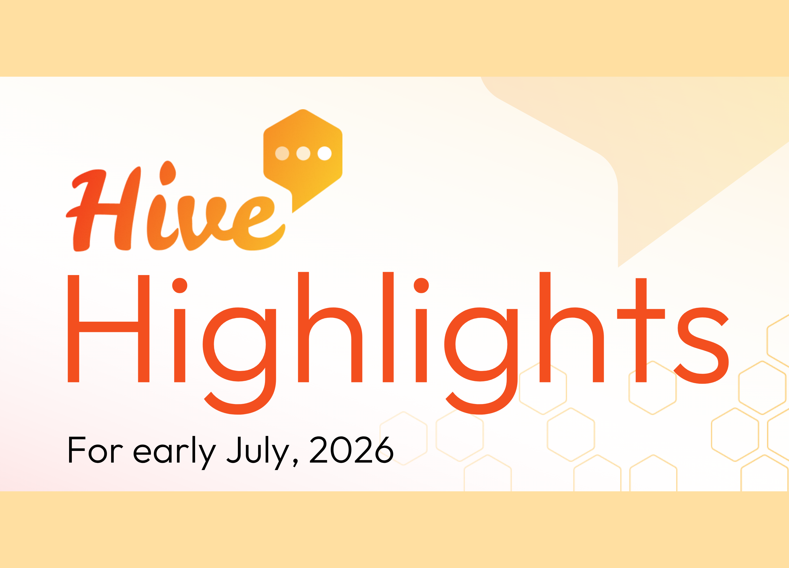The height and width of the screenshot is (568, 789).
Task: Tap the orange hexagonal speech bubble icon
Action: (x=303, y=157)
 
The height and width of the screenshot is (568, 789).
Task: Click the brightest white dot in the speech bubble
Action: (x=325, y=153)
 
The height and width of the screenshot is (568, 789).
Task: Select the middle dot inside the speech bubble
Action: (x=303, y=153)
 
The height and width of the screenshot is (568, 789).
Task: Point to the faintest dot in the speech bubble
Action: (x=282, y=153)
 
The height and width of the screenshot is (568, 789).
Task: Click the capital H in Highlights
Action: (x=109, y=328)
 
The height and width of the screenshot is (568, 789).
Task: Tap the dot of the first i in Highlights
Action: (x=180, y=285)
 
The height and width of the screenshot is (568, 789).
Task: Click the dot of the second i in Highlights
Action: (x=421, y=285)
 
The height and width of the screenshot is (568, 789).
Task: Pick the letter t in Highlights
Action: (x=641, y=330)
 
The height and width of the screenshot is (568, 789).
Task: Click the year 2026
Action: (x=351, y=450)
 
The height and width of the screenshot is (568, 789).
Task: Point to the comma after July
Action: (x=295, y=463)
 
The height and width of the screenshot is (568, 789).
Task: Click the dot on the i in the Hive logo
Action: (x=168, y=173)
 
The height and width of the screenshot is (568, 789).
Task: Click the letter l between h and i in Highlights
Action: (x=388, y=327)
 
